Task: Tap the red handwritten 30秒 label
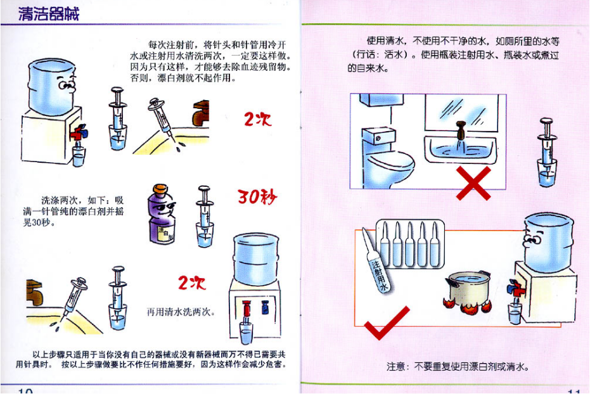[257, 196]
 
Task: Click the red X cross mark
[473, 184]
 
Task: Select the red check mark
[387, 323]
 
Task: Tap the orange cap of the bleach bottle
[160, 189]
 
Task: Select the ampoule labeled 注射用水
[376, 260]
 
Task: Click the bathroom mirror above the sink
[462, 113]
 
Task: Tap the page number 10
[25, 391]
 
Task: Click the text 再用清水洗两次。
[181, 312]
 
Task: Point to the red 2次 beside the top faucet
[257, 119]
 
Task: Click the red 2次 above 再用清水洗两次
[191, 283]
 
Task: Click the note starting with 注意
[458, 365]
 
